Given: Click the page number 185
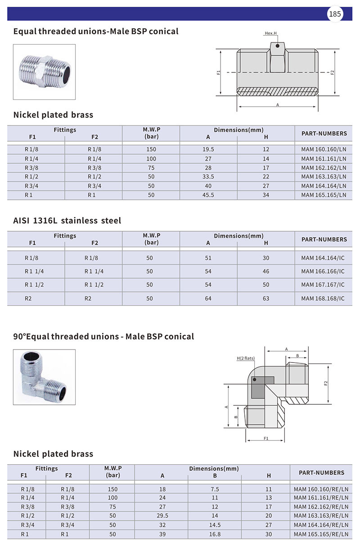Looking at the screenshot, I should (x=335, y=14).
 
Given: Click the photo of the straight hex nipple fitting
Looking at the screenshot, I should (x=44, y=72).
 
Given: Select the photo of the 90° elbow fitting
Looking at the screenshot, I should (x=44, y=377).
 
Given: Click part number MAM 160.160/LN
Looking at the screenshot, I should (x=324, y=149).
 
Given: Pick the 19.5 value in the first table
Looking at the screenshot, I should (x=208, y=149).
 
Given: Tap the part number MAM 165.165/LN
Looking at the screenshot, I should (x=324, y=195).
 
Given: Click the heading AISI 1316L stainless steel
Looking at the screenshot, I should (x=67, y=220).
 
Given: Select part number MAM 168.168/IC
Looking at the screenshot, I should (x=323, y=299).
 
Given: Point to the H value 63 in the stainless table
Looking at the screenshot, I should (x=266, y=299).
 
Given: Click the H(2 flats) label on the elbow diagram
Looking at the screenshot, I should (x=246, y=358).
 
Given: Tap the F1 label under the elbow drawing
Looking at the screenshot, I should (x=266, y=438).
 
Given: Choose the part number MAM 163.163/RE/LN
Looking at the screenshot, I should (x=321, y=516).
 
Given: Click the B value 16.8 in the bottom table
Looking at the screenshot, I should (x=215, y=534).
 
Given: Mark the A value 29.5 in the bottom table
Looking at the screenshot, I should (x=162, y=516).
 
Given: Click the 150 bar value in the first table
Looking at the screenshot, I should (x=151, y=149).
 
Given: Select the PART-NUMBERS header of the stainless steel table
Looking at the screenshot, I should (x=324, y=239).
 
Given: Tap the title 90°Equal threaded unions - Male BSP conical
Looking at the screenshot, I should (x=103, y=336).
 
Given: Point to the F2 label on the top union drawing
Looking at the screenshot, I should (x=333, y=72).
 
